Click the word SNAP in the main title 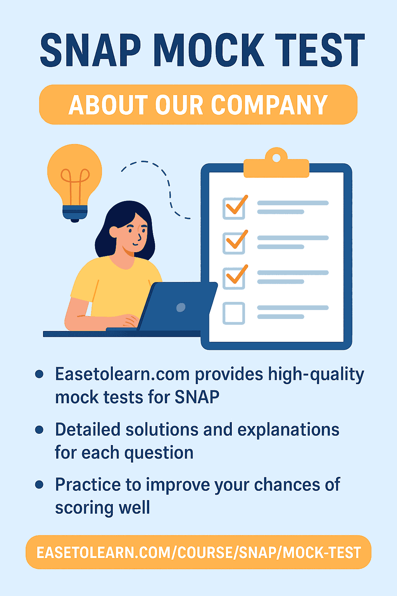click(x=90, y=50)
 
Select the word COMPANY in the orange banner click(x=269, y=105)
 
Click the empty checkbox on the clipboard click(x=234, y=313)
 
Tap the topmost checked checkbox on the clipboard click(x=234, y=208)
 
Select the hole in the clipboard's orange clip click(x=276, y=158)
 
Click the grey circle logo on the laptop click(x=181, y=307)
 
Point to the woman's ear click(x=114, y=232)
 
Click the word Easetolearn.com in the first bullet click(x=122, y=374)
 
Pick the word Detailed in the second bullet click(x=88, y=430)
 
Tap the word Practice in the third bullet click(x=88, y=484)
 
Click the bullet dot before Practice click(x=39, y=484)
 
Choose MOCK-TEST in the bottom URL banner click(x=322, y=553)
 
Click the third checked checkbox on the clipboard click(x=234, y=278)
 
